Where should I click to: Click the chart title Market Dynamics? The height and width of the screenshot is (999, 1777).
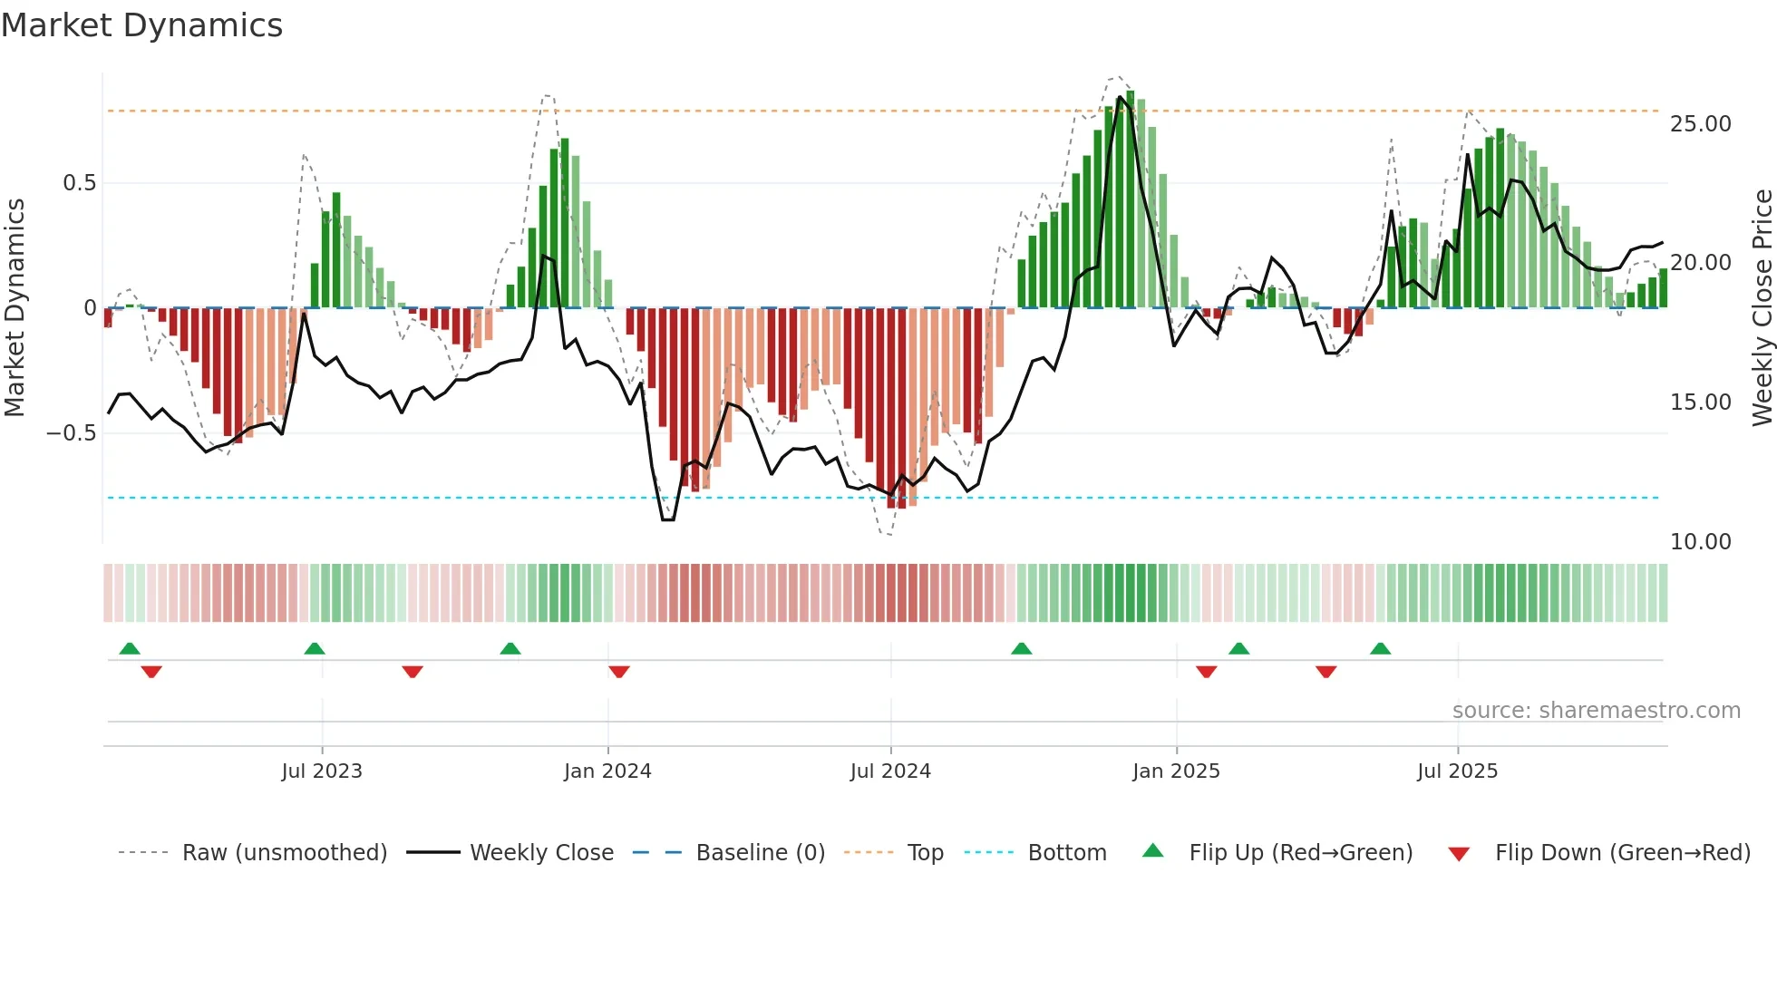(x=142, y=25)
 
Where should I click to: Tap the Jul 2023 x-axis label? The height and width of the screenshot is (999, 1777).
(x=322, y=771)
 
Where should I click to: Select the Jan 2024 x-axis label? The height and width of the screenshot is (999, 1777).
(x=607, y=771)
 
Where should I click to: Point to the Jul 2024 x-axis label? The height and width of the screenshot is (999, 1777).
(x=890, y=771)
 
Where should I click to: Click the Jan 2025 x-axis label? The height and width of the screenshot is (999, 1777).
(x=1176, y=771)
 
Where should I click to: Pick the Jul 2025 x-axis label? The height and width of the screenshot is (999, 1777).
(x=1457, y=771)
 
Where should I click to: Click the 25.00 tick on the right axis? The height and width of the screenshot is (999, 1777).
(x=1700, y=124)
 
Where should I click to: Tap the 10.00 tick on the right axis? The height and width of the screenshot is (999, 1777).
(x=1700, y=542)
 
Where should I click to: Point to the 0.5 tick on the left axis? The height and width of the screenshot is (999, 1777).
(x=79, y=183)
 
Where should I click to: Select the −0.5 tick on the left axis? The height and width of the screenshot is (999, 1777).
(x=72, y=433)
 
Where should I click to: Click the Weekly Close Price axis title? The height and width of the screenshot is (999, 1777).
(x=1762, y=308)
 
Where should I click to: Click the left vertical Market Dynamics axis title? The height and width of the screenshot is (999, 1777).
(x=15, y=308)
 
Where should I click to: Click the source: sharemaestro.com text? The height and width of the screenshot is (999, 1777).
(x=1596, y=711)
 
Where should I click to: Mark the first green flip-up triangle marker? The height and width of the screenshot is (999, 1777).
(x=130, y=648)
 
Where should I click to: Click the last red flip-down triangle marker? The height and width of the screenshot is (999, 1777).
(x=1325, y=672)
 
